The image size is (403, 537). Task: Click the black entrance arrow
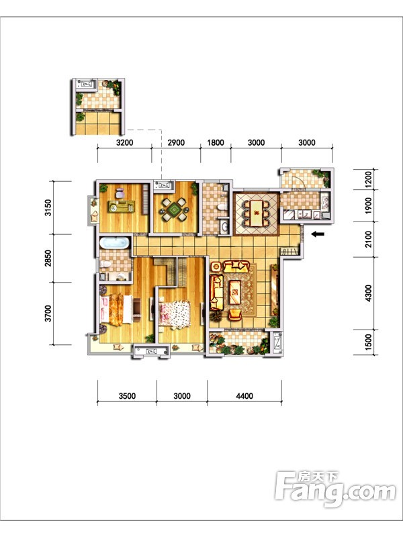[x=318, y=234]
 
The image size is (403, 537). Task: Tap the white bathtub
[x=115, y=243]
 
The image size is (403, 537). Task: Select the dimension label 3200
[x=125, y=143]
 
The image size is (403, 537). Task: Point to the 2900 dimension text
[x=176, y=143]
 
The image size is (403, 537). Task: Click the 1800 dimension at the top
[x=216, y=143]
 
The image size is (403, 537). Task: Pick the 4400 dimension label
[x=244, y=396]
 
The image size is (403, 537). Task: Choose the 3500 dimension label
[x=127, y=396]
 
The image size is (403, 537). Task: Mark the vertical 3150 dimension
[x=48, y=207]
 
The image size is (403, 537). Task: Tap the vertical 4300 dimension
[x=368, y=293]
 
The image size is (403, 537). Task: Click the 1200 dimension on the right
[x=368, y=179]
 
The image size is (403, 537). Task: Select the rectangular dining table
[x=257, y=213]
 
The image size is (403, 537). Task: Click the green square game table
[x=175, y=209]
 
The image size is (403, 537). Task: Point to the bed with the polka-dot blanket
[x=175, y=314]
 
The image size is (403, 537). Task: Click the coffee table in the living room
[x=235, y=292]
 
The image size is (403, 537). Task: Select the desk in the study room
[x=122, y=207]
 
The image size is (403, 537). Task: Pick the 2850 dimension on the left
[x=48, y=258]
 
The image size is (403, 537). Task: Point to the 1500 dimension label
[x=368, y=342]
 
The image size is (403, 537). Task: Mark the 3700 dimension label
[x=48, y=313]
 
